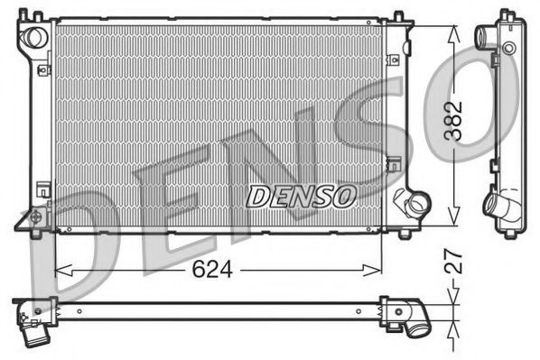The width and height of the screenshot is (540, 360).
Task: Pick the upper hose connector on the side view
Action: (484, 39)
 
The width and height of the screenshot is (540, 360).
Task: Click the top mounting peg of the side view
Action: (506, 13)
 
